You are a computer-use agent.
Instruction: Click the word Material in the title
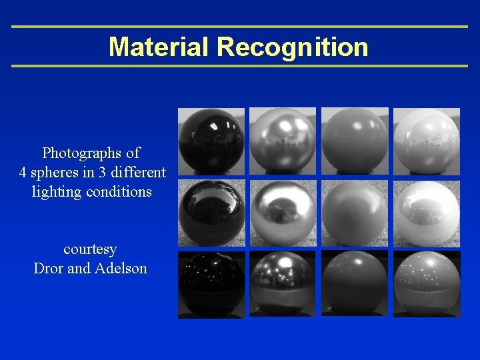pos(159,47)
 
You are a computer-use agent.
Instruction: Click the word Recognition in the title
pos(293,47)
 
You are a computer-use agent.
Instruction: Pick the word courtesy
pos(90,249)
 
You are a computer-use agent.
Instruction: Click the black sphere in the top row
pos(211,141)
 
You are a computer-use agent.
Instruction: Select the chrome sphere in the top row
pos(283,141)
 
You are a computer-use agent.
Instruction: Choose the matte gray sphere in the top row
pos(355,141)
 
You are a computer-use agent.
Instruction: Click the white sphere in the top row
pos(427,141)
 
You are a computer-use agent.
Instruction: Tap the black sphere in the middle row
pos(211,213)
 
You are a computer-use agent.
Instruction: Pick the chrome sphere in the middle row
pos(283,213)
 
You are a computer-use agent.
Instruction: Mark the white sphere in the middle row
pos(427,213)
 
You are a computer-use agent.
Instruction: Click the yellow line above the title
pos(240,27)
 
